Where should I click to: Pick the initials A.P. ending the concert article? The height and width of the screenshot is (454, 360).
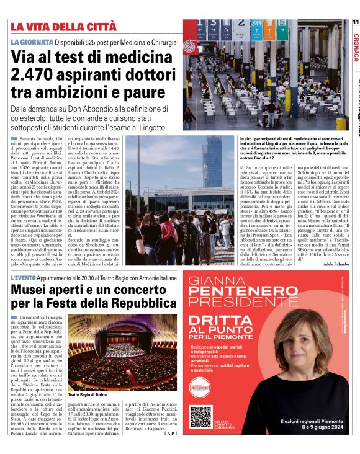(x=170, y=433)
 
